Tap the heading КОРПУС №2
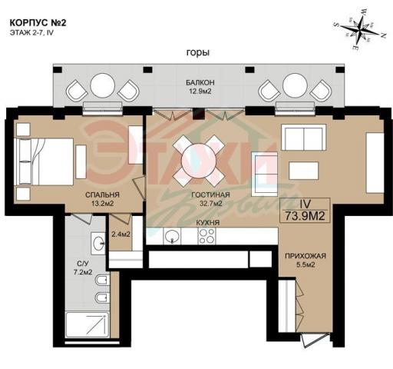38,23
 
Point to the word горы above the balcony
198,52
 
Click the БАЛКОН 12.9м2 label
200,87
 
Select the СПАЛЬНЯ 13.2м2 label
102,199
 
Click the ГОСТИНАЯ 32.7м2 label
210,199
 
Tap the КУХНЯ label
208,222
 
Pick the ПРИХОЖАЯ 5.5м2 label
305,260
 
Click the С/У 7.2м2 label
83,268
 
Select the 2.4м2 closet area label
121,234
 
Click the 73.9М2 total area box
305,211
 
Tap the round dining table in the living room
199,161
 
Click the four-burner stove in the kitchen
206,236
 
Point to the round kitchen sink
173,236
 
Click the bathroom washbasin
99,244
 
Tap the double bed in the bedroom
44,161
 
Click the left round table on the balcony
103,85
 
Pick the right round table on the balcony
295,85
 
